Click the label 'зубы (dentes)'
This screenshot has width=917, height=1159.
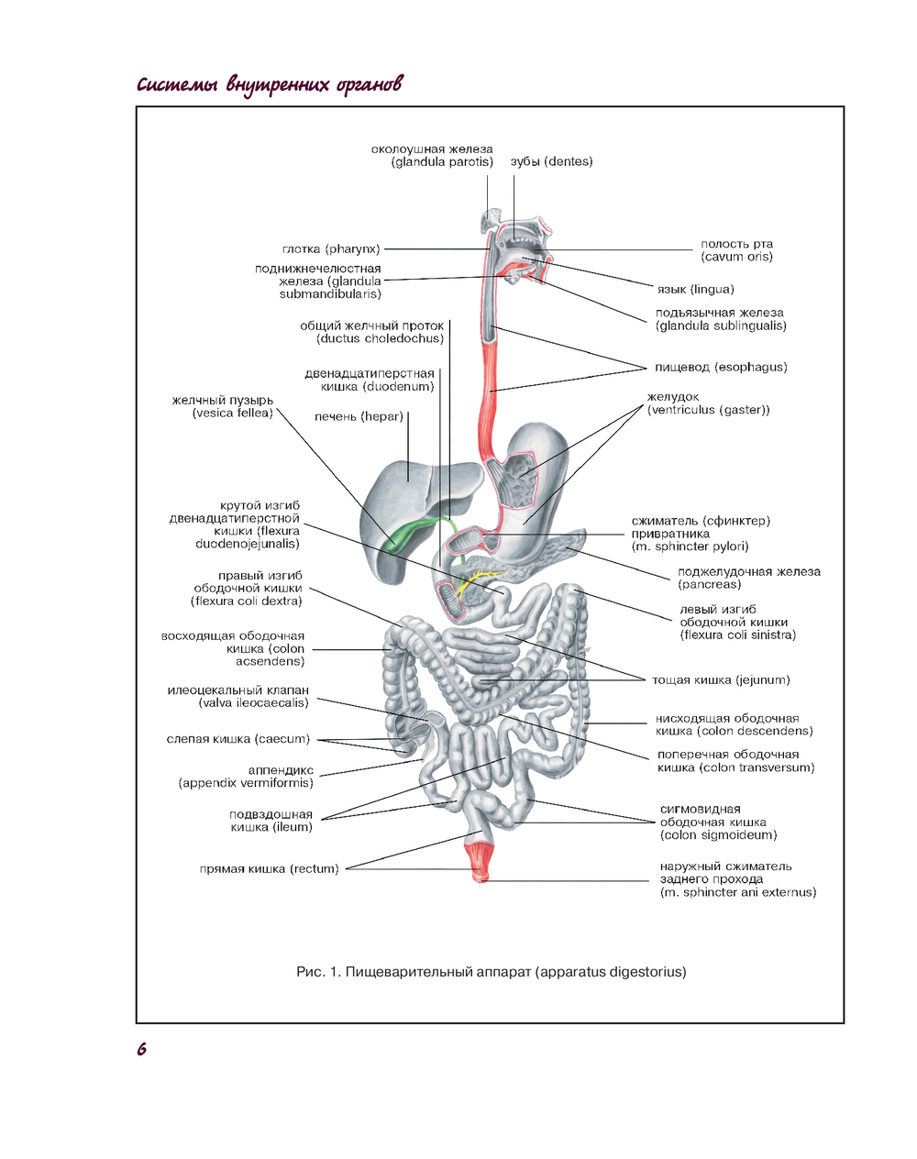tap(551, 162)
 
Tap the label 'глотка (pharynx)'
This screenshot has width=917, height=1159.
tap(331, 249)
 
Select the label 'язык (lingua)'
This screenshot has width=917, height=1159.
tap(695, 290)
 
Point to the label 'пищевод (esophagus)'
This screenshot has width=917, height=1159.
tap(721, 368)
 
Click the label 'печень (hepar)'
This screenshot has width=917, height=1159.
tap(359, 417)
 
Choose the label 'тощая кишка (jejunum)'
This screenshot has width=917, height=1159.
tap(721, 680)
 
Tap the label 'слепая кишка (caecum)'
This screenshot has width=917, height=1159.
tap(238, 739)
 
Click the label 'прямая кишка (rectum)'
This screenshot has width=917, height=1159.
tap(269, 869)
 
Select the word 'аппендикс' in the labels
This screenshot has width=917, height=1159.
tap(281, 770)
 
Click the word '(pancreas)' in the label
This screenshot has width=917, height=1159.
tap(709, 585)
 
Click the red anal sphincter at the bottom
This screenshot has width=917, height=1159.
tap(481, 861)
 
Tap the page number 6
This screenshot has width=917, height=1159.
tap(141, 1050)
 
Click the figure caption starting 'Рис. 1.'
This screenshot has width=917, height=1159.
tap(491, 972)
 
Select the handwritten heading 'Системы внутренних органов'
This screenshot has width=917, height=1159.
tap(269, 85)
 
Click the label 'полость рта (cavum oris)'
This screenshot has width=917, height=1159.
tap(736, 250)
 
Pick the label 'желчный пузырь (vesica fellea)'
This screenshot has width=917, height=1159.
tap(223, 407)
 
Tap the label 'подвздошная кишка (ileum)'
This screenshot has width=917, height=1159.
tap(271, 821)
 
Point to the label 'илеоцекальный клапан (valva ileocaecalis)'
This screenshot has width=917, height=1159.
tap(238, 697)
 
